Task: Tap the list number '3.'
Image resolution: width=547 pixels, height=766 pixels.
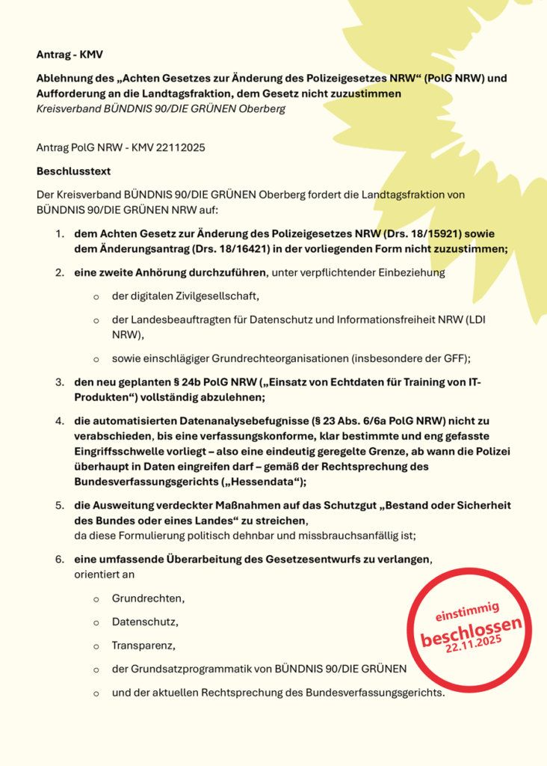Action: tap(59, 383)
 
